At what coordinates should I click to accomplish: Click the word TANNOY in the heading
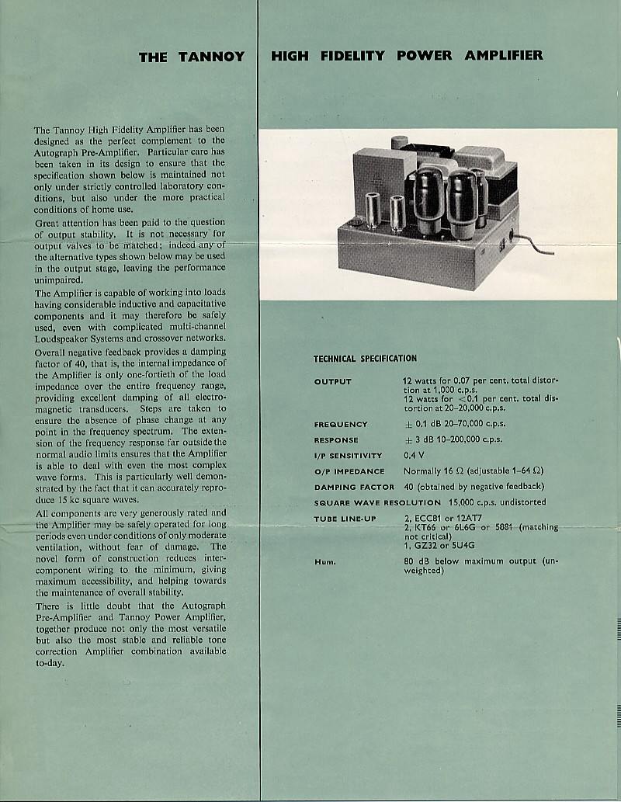[213, 57]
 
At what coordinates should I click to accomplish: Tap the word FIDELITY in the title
[352, 56]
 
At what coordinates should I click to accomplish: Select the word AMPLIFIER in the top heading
[504, 56]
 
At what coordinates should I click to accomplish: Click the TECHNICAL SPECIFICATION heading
[365, 359]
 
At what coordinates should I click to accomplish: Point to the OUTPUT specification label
[333, 381]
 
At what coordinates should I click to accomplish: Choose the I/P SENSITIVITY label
[349, 456]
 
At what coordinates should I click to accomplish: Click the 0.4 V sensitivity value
[415, 456]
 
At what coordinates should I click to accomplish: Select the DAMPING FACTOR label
[354, 487]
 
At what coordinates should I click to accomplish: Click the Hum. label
[324, 561]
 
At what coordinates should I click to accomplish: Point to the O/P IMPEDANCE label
[349, 471]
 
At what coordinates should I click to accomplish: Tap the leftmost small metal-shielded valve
[373, 211]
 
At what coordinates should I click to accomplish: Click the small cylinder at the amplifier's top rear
[399, 143]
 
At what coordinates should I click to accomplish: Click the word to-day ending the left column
[50, 663]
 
